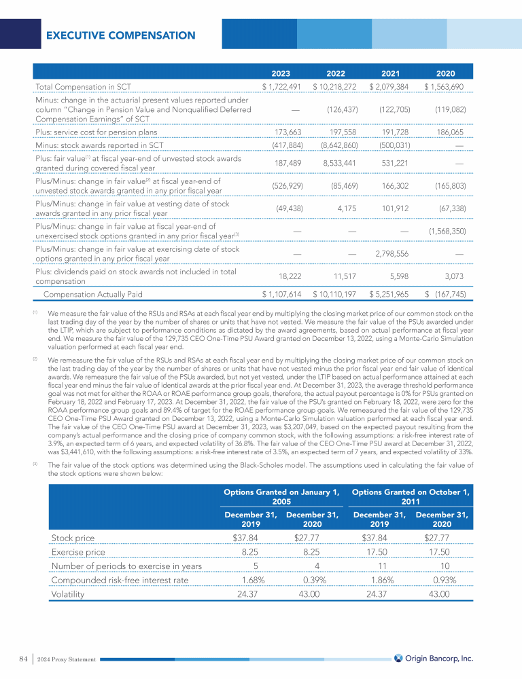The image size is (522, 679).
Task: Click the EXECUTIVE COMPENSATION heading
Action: point(121,35)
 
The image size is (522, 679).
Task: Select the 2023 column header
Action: point(281,73)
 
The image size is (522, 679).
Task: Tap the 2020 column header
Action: point(445,73)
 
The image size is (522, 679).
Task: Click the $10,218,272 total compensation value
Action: point(335,87)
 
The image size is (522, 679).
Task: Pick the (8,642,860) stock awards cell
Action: point(336,144)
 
